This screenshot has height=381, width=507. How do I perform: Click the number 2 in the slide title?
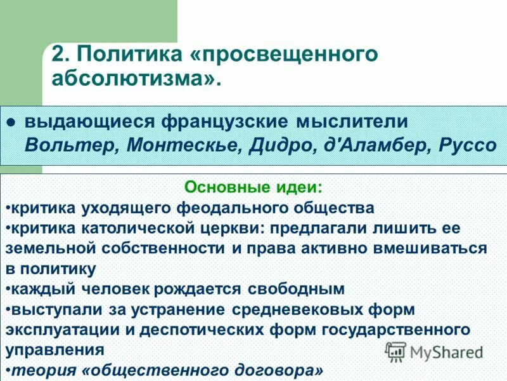pos(58,54)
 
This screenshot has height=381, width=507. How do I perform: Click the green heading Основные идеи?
pos(253,188)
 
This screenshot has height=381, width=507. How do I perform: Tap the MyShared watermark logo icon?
pos(395,351)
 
